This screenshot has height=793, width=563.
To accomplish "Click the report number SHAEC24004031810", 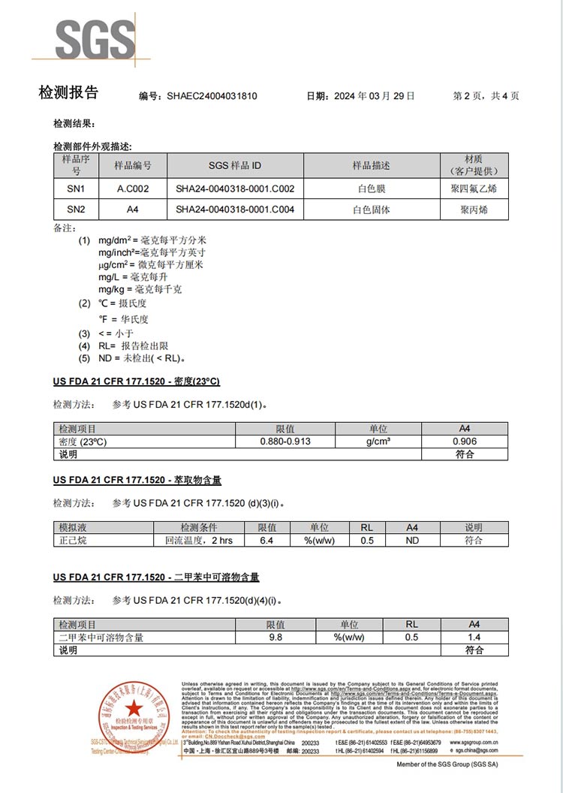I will point(212,96).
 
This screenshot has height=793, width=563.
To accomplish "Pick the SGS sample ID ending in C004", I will point(235,210).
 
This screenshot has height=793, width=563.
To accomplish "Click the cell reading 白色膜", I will point(372,188).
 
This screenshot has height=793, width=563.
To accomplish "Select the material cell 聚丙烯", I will point(474,210).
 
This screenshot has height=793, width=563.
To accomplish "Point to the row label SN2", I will point(76,210).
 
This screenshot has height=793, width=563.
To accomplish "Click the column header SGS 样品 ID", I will point(235,165).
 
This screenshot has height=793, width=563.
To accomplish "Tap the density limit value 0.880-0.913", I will point(285,442).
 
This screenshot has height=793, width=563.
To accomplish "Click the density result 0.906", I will point(464,442).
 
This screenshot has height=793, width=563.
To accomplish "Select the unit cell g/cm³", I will point(378,442).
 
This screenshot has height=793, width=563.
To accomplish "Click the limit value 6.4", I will point(266,540).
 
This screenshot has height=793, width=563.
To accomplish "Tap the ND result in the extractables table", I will point(412,540).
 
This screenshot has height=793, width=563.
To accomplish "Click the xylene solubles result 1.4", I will point(474,637).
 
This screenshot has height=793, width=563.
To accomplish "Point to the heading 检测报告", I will point(68,93).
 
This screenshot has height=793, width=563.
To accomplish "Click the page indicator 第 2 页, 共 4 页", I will point(486,96).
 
